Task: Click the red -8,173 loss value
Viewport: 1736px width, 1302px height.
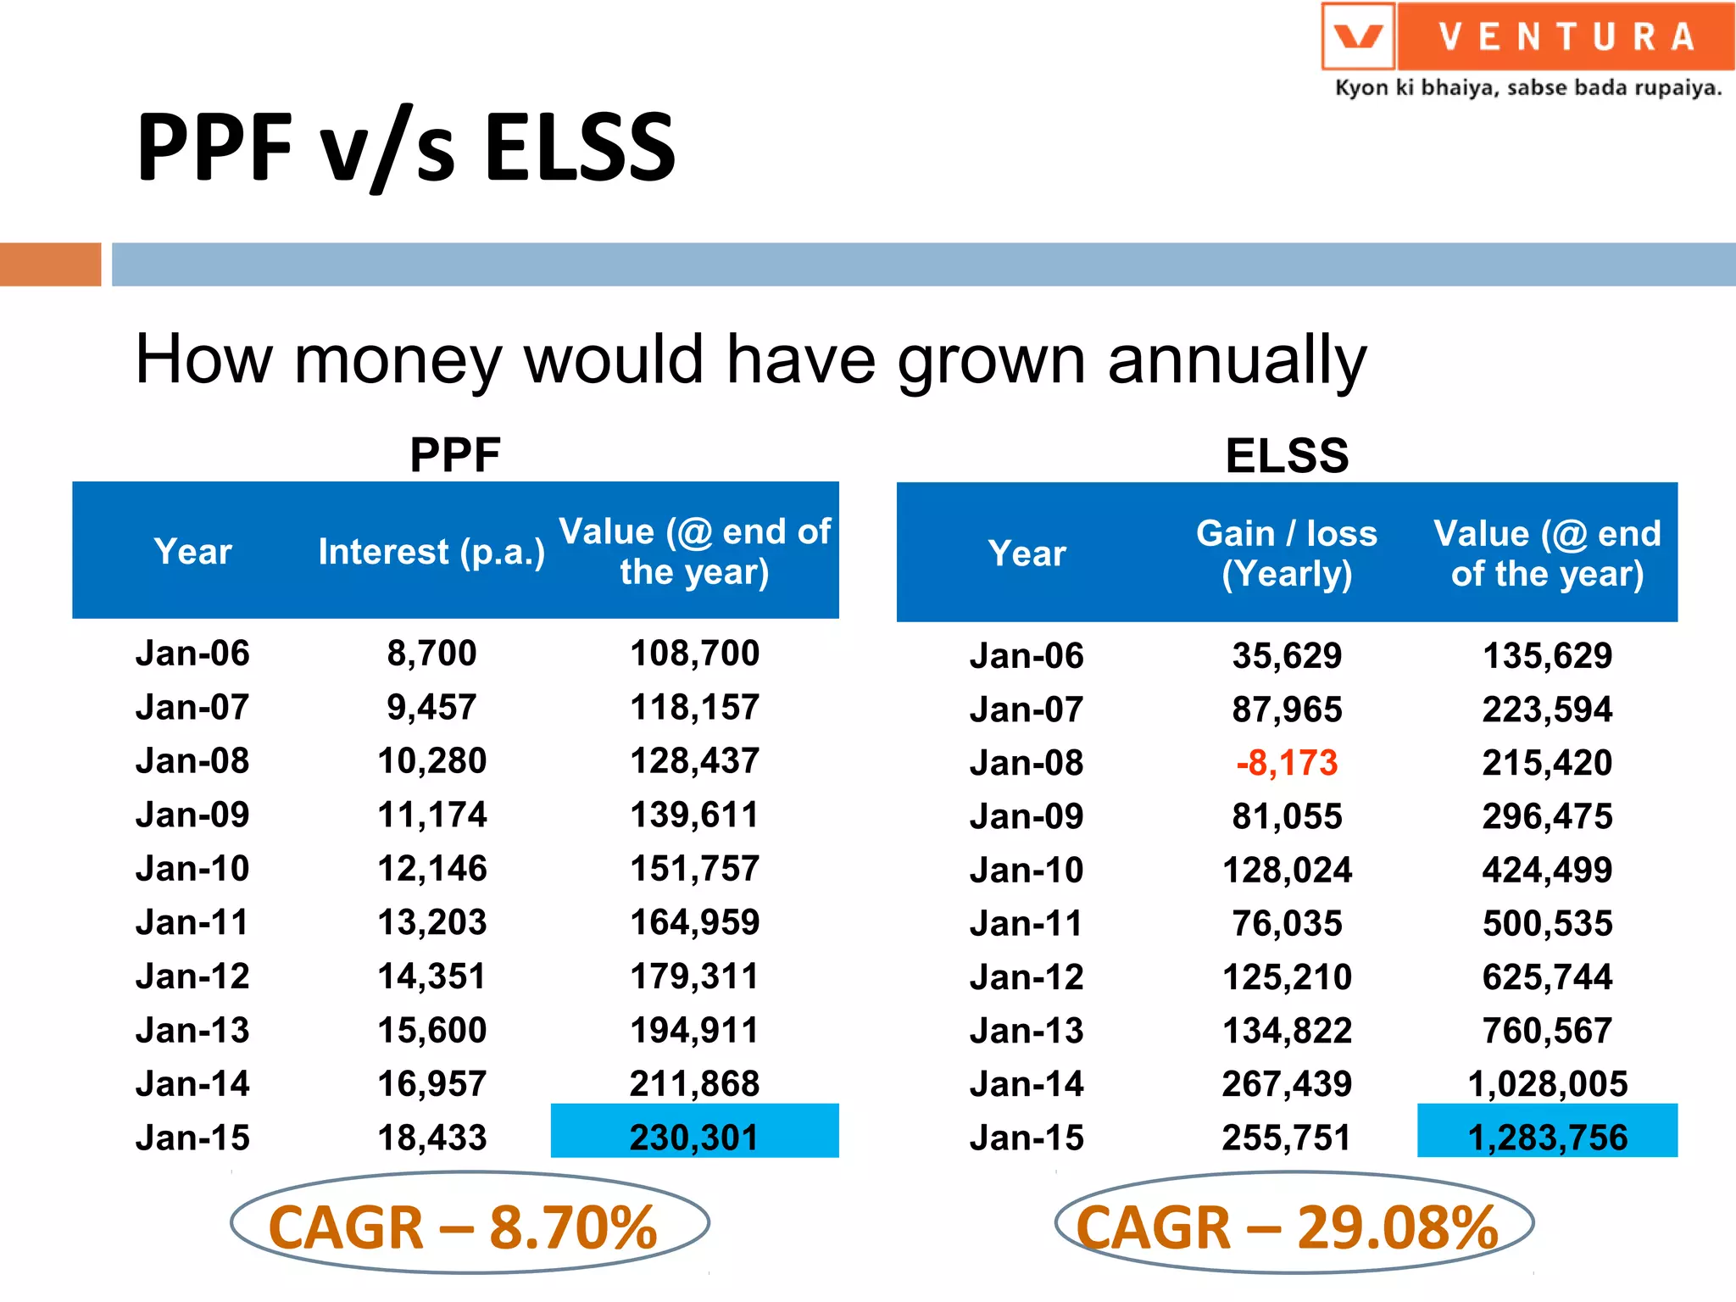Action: point(1286,763)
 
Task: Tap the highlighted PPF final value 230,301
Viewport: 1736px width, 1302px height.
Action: point(694,1136)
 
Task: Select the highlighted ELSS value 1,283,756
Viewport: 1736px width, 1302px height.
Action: point(1547,1136)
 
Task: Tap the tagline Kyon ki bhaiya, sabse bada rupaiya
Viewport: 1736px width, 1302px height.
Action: point(1527,88)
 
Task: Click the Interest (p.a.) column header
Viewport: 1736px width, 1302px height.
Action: point(431,552)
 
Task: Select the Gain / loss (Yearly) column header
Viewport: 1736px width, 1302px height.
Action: point(1286,554)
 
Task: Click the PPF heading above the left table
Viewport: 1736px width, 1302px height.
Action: point(455,454)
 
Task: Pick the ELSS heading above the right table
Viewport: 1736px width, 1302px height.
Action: point(1286,455)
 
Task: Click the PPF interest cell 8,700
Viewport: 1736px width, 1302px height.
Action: point(431,654)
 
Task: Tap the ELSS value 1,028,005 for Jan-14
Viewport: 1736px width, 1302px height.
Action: point(1547,1083)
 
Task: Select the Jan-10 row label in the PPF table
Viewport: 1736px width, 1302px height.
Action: point(192,869)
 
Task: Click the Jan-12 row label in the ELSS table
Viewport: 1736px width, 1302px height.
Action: point(1027,977)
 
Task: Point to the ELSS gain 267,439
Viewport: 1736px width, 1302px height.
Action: point(1286,1083)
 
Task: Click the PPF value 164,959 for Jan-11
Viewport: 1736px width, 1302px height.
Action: point(694,922)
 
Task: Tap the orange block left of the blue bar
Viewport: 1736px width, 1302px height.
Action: point(50,264)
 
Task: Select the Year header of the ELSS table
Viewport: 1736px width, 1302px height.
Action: point(1027,554)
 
